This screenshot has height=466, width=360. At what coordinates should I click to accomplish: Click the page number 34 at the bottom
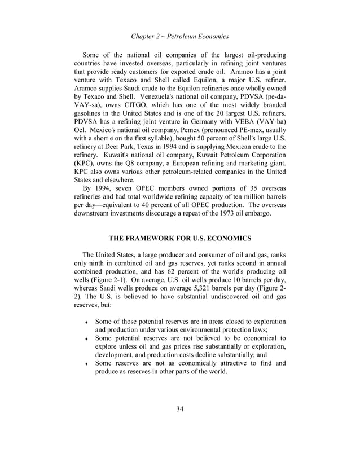[x=179, y=409]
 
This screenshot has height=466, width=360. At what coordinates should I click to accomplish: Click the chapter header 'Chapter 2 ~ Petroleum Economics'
[x=179, y=37]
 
